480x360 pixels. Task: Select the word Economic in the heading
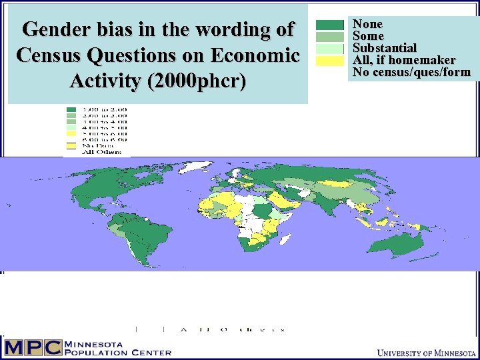pos(257,55)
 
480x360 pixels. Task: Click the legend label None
pos(367,24)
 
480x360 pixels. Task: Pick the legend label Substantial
pos(385,48)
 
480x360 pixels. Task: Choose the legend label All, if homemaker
pos(404,60)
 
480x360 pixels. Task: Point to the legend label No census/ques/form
pos(411,72)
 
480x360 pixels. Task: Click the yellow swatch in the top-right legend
pos(329,61)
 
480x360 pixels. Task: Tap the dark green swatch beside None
pos(329,25)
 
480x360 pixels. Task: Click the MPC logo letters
pos(32,347)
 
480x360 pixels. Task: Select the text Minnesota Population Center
pos(117,347)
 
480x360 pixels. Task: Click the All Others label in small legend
pos(97,152)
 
